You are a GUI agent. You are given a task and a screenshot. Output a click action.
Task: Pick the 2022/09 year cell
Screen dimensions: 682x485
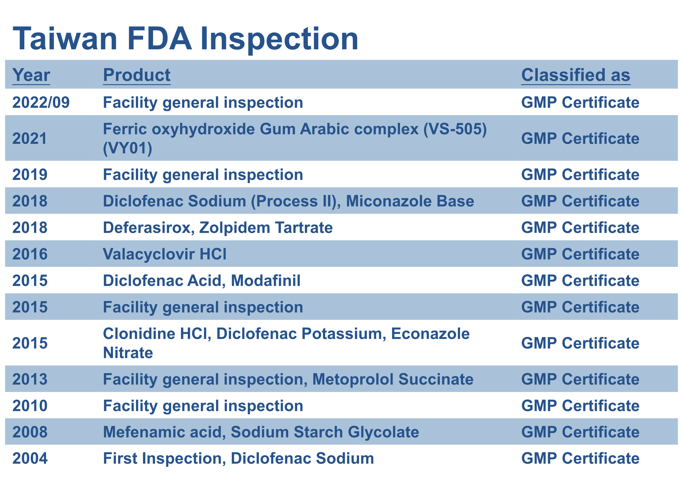[x=41, y=102]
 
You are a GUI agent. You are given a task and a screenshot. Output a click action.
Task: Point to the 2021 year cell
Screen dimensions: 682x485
[x=30, y=139]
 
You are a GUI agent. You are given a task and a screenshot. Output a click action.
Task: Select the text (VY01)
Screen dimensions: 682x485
[x=127, y=148]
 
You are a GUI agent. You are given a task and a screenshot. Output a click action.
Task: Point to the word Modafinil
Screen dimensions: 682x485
[x=266, y=281]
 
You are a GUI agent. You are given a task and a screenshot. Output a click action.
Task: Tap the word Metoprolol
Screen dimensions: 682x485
[x=353, y=379]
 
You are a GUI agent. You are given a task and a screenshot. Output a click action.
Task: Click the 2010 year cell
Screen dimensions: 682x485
[x=30, y=406]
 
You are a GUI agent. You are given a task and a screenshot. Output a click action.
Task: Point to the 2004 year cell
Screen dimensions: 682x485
[x=30, y=458]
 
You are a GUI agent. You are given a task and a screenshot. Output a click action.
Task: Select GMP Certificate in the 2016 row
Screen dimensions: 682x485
[x=580, y=254]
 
